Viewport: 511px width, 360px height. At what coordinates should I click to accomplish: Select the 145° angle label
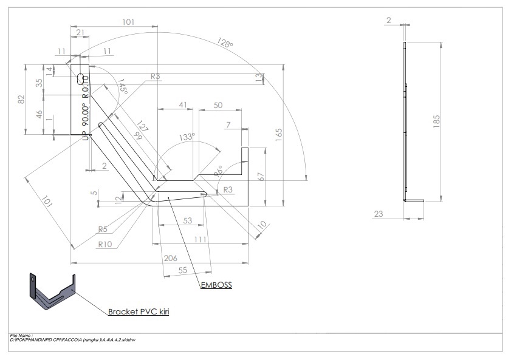(122, 87)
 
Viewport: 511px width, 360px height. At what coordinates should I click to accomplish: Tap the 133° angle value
(187, 137)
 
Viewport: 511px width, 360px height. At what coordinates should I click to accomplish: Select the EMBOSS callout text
(217, 284)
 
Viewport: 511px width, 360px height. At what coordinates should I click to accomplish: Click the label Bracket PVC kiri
(138, 312)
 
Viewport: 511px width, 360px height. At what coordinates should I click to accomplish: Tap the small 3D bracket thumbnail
(52, 291)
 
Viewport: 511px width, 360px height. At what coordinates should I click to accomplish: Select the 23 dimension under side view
(379, 213)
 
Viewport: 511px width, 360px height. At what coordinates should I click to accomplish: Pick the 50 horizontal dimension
(218, 105)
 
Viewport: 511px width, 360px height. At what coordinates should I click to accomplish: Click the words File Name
(21, 335)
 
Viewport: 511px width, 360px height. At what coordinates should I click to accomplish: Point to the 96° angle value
(218, 171)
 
